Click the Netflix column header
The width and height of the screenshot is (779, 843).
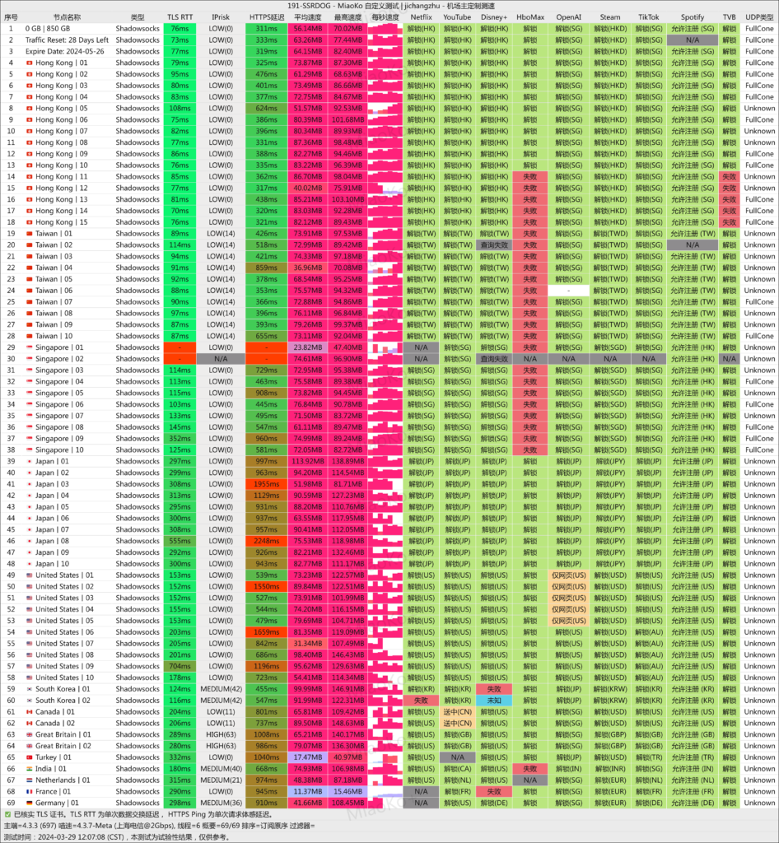[x=421, y=16]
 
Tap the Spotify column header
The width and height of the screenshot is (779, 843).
[x=693, y=16]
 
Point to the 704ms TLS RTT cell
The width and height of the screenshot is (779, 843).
[x=179, y=666]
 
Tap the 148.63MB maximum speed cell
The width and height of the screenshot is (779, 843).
[x=348, y=723]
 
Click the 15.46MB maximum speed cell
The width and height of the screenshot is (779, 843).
[x=348, y=791]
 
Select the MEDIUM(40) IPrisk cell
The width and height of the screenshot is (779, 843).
[x=221, y=768]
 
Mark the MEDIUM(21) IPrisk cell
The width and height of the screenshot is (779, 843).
[x=221, y=780]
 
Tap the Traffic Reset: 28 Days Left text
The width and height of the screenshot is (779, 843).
[x=67, y=40]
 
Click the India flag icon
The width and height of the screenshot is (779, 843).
[x=29, y=768]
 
